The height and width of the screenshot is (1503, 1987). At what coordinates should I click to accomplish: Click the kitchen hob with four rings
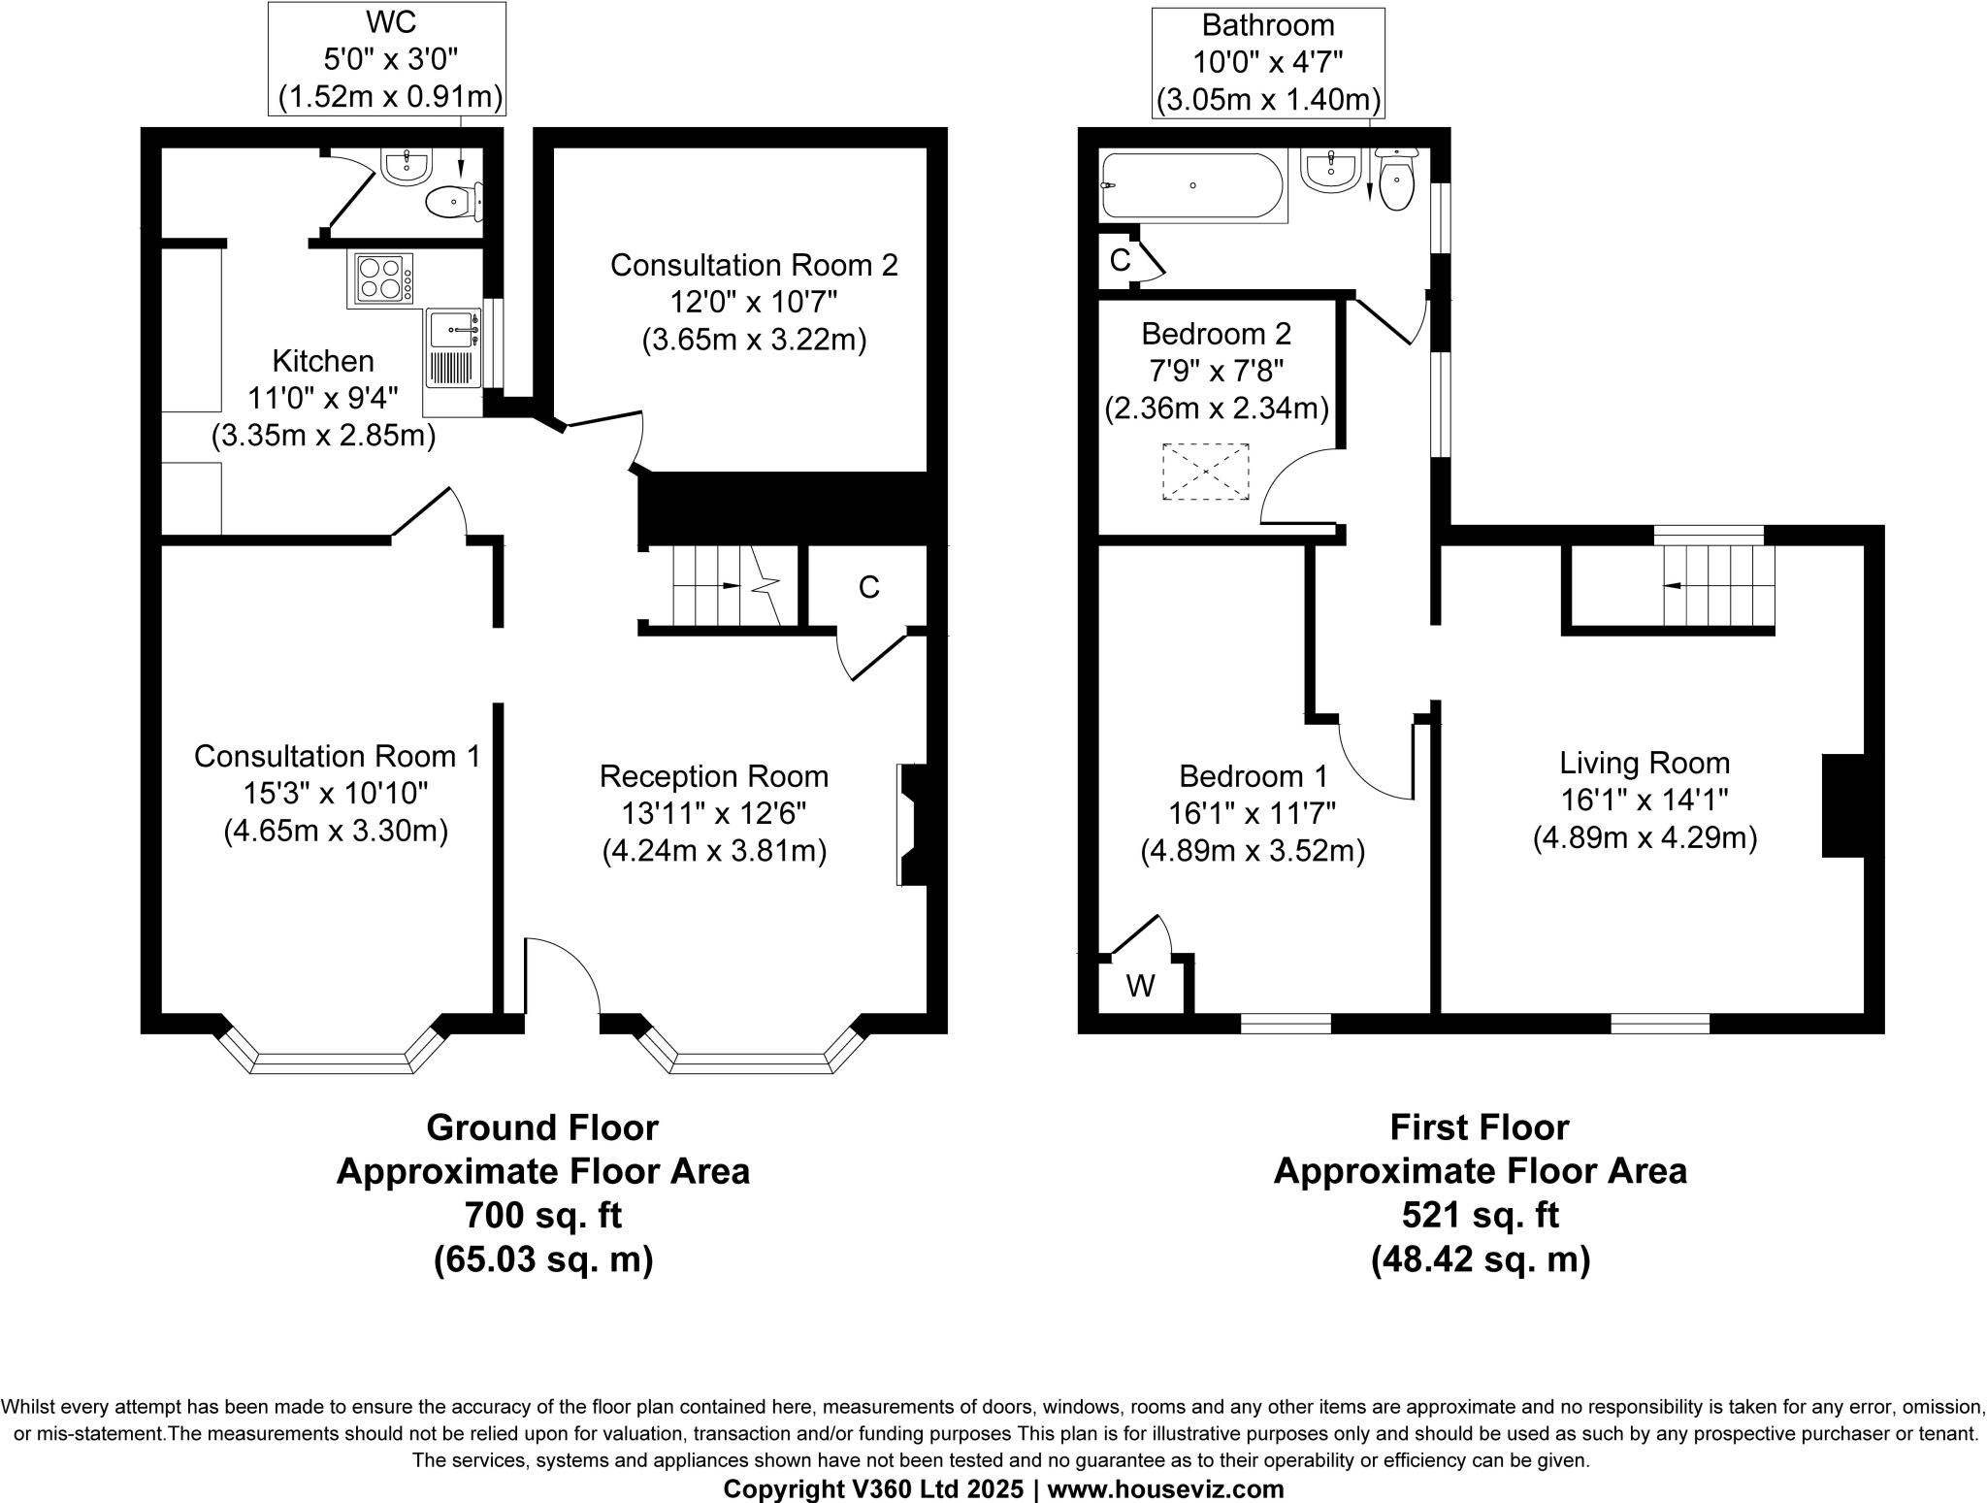(x=379, y=278)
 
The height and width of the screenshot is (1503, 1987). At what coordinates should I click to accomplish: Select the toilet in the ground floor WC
(x=450, y=203)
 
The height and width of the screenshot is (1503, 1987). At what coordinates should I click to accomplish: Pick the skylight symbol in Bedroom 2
(x=1206, y=472)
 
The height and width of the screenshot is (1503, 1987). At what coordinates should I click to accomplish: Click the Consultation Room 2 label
(x=754, y=265)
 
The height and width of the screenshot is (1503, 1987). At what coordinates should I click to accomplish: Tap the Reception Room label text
(x=714, y=776)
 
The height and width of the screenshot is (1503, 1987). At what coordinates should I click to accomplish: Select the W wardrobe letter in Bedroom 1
(x=1140, y=987)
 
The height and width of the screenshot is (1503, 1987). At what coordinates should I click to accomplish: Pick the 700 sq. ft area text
(x=542, y=1215)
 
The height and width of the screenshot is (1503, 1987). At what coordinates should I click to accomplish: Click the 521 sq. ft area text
(x=1480, y=1215)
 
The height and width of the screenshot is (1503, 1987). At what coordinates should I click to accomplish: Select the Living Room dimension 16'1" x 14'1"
(x=1645, y=801)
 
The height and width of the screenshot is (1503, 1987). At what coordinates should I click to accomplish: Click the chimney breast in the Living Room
(x=1842, y=805)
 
